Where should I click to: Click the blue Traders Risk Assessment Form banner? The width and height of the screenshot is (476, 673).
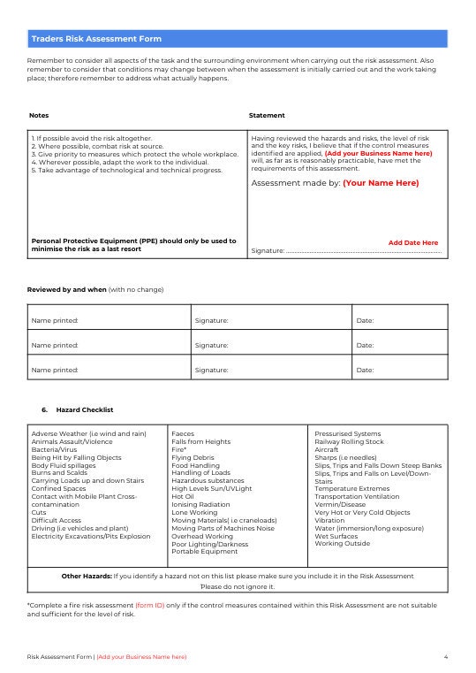238,39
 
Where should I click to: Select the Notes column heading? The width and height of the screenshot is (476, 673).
39,116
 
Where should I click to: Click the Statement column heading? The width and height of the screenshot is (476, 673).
267,116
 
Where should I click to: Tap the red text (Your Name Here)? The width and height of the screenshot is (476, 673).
381,183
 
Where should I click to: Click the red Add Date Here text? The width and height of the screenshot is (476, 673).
412,242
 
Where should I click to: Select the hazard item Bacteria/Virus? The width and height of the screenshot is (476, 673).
54,449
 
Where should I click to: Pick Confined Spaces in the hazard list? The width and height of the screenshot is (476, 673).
58,488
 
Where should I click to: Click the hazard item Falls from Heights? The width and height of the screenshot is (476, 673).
200,441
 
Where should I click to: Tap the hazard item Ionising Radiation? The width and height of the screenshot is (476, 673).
200,504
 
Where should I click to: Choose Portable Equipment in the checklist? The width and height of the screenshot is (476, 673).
204,551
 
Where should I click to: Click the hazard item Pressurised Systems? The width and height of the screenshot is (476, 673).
347,434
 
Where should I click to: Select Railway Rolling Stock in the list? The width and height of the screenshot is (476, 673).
349,441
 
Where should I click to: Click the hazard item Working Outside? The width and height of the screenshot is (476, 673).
342,543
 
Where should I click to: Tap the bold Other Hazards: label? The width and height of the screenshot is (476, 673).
86,576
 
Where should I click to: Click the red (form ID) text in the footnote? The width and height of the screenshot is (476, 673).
149,605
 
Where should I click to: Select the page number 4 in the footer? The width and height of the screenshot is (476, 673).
446,657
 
